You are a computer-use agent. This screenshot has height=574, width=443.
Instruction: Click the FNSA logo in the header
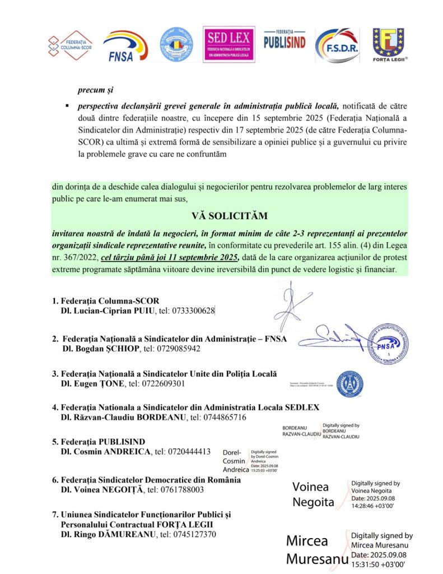125,46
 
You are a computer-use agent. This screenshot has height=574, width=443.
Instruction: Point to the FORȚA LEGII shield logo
389,45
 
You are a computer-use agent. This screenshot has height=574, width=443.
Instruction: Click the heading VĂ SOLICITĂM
221,216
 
